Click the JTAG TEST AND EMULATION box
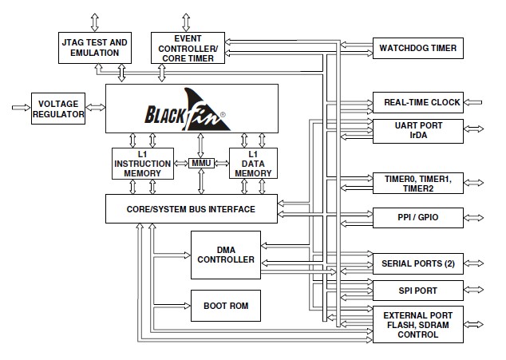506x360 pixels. click(93, 47)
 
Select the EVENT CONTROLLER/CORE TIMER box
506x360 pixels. click(188, 47)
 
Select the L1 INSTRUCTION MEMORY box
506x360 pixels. click(141, 164)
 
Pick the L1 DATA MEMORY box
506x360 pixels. click(252, 164)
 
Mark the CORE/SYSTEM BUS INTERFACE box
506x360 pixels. click(192, 209)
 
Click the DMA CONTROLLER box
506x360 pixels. click(225, 255)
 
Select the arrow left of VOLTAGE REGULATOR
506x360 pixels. click(19, 105)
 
